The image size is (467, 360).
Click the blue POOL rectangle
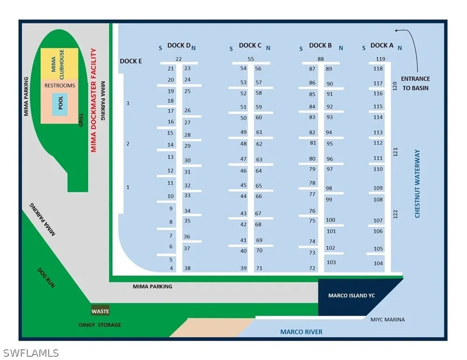click(60, 104)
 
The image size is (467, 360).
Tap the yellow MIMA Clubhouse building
click(60, 64)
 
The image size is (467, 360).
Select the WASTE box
click(100, 311)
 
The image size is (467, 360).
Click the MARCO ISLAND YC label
click(352, 296)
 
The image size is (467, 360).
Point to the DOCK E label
click(131, 61)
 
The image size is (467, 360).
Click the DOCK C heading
click(250, 45)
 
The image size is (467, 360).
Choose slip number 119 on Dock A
click(380, 59)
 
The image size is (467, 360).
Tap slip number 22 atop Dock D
click(178, 59)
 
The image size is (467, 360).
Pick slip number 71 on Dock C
click(259, 268)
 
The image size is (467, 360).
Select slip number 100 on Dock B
click(330, 220)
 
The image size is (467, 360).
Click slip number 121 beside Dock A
click(395, 152)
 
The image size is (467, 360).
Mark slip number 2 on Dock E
click(128, 143)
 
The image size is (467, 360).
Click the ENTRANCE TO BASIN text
click(416, 84)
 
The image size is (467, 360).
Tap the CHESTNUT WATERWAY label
click(417, 184)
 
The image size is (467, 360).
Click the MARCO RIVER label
click(301, 332)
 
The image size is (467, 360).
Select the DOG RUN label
click(46, 278)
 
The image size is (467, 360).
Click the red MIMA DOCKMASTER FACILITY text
click(93, 100)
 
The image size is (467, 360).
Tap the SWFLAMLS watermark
click(31, 353)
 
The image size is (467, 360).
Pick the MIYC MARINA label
click(388, 319)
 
